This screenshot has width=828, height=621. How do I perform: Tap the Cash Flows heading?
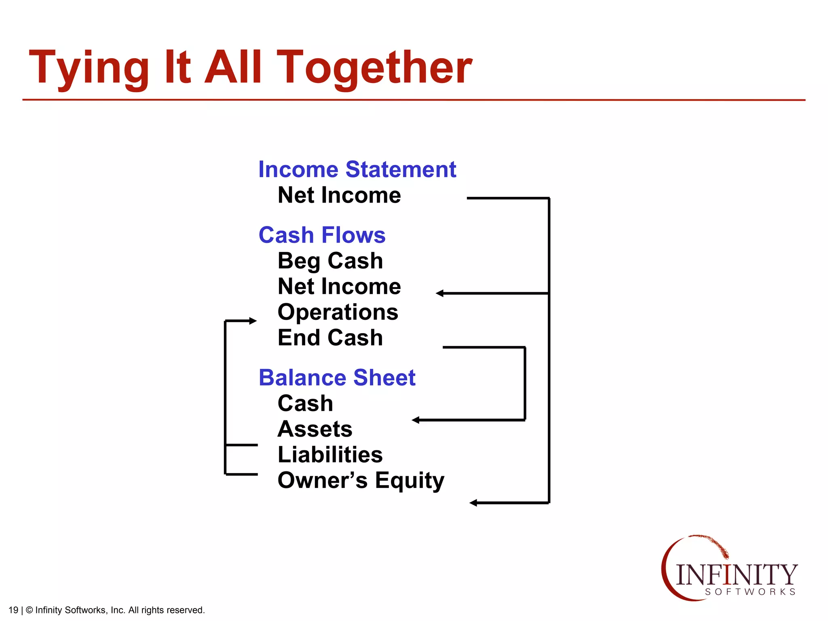coord(322,235)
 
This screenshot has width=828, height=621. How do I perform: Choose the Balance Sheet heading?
coord(337,378)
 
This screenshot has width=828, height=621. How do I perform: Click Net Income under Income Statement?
coord(339,195)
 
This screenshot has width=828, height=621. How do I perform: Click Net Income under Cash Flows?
coord(339,287)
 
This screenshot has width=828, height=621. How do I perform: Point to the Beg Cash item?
coord(330,261)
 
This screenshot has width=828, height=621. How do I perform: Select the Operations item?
coord(338,312)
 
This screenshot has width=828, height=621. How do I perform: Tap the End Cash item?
coord(330,338)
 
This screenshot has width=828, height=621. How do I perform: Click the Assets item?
coord(315,429)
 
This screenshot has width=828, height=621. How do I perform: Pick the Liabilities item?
coord(330,454)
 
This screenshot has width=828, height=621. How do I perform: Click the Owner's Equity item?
coord(361,480)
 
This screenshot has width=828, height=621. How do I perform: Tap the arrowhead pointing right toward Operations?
coord(253,321)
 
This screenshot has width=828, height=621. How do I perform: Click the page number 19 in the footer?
coord(13,610)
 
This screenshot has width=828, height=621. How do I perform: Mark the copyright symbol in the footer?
coord(29,610)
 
